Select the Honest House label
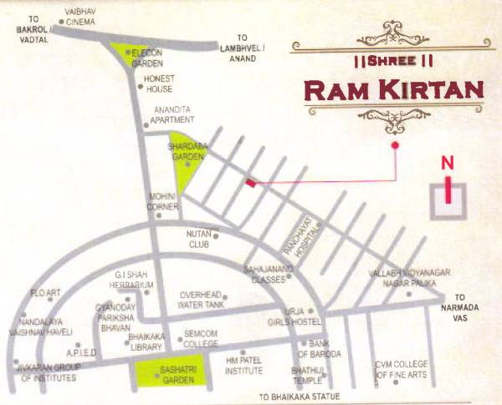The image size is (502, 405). coord(158,84)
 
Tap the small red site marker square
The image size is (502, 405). coord(249,181)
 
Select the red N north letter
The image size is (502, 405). coord(449,164)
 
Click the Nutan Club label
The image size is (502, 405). coord(198,240)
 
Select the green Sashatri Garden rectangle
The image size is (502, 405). coord(170,374)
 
